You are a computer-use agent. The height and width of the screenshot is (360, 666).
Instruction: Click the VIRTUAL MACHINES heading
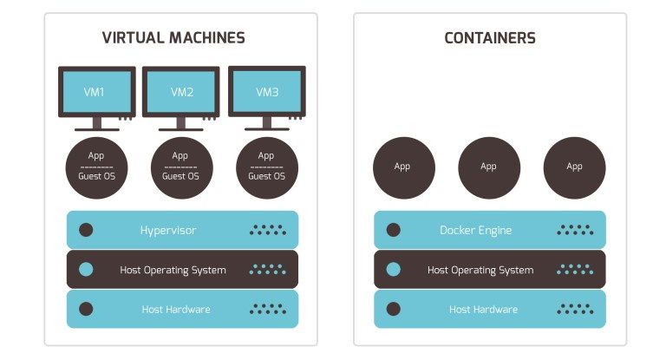click(173, 38)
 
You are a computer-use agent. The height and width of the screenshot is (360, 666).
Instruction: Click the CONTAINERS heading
click(489, 38)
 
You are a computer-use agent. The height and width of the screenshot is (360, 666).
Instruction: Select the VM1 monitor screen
click(96, 91)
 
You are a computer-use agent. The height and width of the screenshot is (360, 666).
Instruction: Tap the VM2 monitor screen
click(181, 91)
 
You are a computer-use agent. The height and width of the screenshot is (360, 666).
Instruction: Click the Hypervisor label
click(168, 230)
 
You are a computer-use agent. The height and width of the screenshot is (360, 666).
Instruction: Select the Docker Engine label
click(475, 230)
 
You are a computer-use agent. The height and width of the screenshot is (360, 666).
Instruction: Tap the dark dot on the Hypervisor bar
click(86, 230)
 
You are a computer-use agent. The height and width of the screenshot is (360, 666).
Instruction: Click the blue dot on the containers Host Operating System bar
click(393, 270)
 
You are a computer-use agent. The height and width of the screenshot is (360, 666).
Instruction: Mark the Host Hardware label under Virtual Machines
click(176, 309)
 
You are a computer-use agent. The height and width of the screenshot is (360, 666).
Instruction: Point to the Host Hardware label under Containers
click(483, 309)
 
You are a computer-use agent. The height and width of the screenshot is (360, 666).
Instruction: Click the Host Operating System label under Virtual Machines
click(173, 270)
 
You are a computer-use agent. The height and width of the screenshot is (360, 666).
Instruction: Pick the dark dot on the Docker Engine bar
click(393, 230)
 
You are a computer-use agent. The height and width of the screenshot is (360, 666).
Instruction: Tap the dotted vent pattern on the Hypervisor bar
click(268, 230)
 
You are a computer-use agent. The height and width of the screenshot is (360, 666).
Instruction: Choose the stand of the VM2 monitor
click(181, 124)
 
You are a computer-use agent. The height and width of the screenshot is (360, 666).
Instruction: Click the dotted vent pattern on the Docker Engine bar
click(575, 230)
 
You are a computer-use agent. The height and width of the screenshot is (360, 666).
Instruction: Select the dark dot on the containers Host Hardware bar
click(393, 309)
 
